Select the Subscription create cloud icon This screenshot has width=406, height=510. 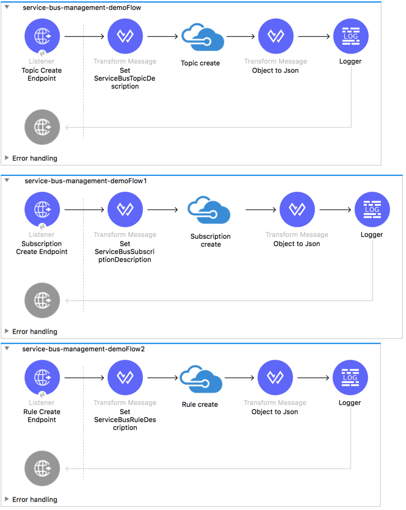209,211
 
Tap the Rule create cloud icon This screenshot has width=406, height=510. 200,379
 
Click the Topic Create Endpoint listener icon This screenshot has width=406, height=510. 42,36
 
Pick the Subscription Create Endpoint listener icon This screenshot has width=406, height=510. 42,209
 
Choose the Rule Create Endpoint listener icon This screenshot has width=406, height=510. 42,378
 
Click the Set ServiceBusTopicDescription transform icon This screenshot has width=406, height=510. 125,36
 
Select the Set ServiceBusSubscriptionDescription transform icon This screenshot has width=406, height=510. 125,209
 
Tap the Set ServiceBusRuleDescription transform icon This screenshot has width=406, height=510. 125,378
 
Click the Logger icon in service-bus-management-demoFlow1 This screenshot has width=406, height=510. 372,209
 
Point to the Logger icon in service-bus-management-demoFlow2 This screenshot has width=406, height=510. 350,378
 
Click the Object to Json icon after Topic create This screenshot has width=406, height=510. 276,36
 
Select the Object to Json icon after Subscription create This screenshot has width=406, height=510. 297,209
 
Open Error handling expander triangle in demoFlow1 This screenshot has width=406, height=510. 7,331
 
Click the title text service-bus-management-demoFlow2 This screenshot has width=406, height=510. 84,349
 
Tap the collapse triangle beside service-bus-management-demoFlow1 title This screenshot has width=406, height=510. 7,180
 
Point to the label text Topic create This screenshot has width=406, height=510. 200,63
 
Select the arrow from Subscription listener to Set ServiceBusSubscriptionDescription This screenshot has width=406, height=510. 84,209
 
